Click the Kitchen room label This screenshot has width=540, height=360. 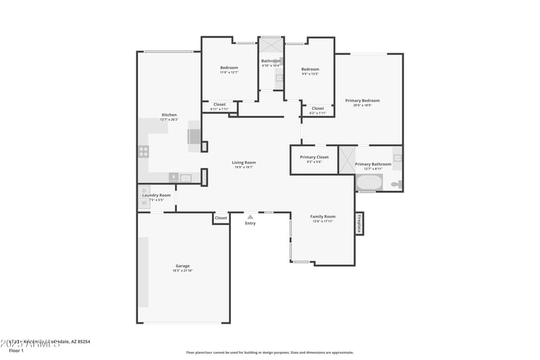tap(169, 115)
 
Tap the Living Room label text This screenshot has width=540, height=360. tap(244, 162)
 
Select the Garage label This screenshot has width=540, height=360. tap(183, 266)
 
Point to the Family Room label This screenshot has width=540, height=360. tap(323, 217)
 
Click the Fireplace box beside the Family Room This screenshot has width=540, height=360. tap(359, 224)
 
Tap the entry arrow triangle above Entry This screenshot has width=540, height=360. tap(250, 217)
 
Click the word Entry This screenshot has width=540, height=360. tap(250, 223)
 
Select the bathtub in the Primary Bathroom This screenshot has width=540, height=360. tap(369, 182)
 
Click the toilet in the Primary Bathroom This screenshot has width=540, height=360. tap(396, 184)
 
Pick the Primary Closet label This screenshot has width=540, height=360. tap(314, 157)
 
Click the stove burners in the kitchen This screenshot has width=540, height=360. tap(144, 151)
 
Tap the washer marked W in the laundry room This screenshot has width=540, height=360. tap(144, 203)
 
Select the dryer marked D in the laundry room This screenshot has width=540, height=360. tap(144, 190)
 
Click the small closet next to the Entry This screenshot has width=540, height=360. tap(221, 218)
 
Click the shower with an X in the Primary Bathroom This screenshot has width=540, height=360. tap(347, 160)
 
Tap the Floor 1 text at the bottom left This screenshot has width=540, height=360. tap(16, 351)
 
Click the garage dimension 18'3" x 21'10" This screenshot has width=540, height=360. tap(183, 271)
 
